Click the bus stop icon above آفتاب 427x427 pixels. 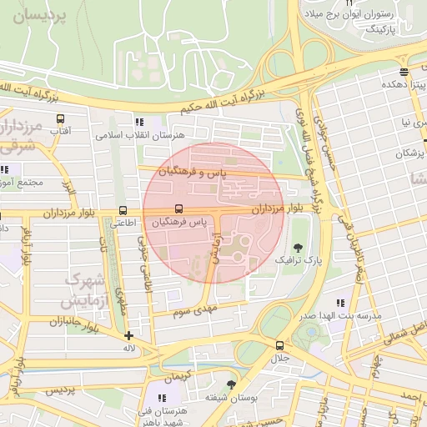[58, 119]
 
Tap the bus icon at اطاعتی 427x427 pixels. [123, 210]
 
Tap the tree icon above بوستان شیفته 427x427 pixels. [230, 384]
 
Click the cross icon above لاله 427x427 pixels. [128, 335]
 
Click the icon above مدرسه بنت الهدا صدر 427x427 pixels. [340, 302]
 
